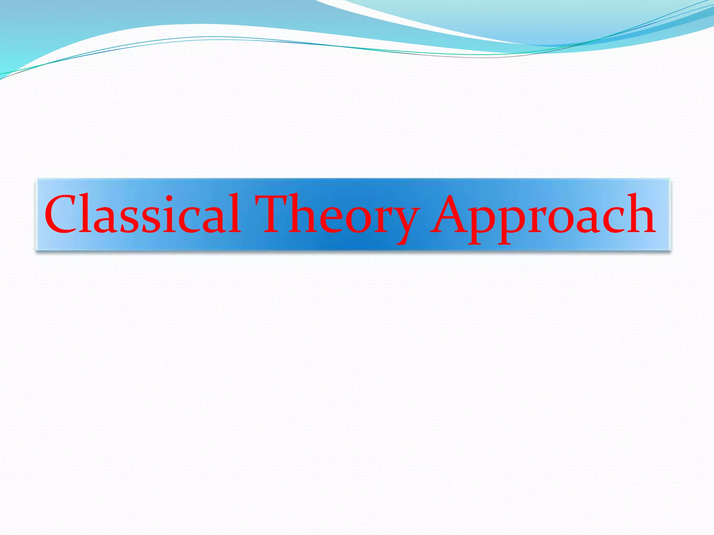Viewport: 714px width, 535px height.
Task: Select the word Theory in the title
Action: pos(337,216)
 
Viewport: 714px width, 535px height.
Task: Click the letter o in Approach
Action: pos(558,219)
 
